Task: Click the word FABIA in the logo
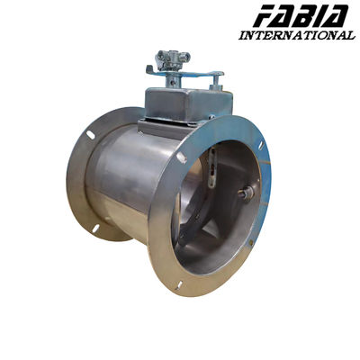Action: (302, 16)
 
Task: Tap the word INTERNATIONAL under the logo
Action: (296, 35)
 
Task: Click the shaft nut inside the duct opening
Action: (245, 193)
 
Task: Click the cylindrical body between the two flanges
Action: (126, 184)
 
